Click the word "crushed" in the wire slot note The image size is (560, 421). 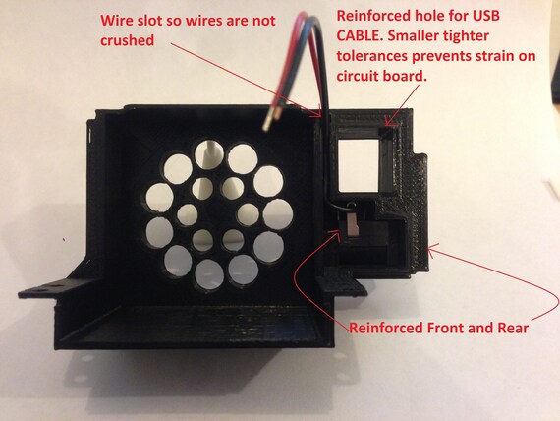[x=127, y=40]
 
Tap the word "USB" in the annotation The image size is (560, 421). [x=485, y=16]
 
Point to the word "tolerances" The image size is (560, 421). [x=372, y=56]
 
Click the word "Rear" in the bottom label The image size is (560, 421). [x=512, y=328]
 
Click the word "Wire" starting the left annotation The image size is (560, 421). [x=114, y=21]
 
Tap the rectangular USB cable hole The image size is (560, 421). [x=358, y=165]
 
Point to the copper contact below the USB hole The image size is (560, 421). [x=352, y=225]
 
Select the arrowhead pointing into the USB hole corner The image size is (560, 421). [x=389, y=123]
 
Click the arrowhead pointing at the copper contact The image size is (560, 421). [x=335, y=232]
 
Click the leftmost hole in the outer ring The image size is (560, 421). [x=159, y=197]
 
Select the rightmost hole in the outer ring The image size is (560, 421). [x=278, y=214]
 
